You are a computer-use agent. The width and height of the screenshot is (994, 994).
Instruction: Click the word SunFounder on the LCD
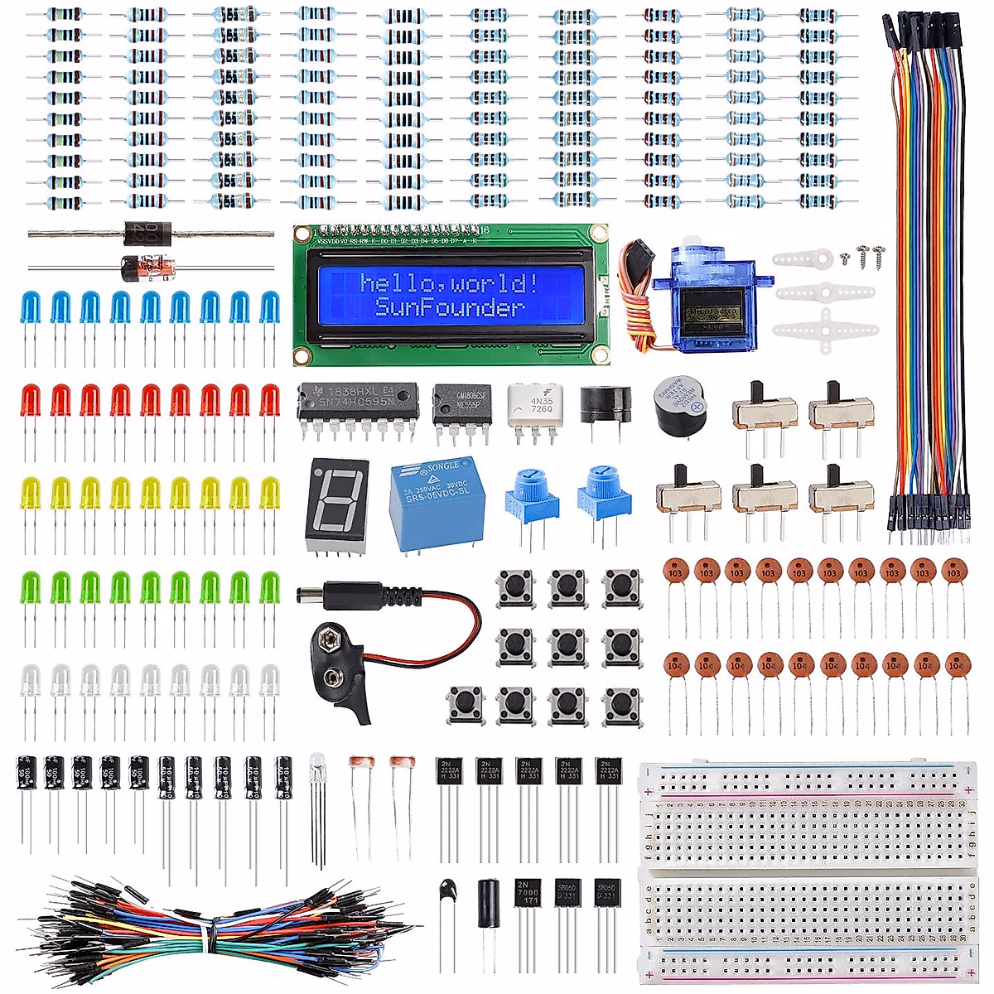coord(450,307)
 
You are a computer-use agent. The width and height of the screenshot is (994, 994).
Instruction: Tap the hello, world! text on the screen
coord(450,283)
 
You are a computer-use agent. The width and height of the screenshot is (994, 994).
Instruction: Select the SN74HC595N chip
coord(358,402)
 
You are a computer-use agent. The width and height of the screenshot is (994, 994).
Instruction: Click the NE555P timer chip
coord(461,403)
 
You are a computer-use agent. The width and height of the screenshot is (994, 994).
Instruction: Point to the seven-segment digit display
coord(335,500)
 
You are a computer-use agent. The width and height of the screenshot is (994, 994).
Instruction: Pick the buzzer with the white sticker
coord(680,403)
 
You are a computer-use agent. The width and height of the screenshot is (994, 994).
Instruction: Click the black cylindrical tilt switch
coord(488,903)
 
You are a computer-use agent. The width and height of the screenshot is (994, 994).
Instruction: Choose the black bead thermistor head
coord(448,891)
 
